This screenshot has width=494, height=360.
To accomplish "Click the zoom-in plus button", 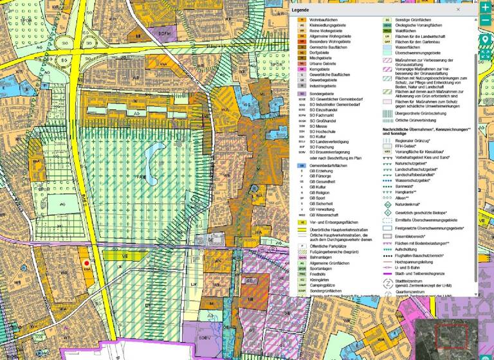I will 485,7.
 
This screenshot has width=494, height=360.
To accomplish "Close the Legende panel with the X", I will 459,10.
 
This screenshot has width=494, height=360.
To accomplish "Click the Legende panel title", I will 301,11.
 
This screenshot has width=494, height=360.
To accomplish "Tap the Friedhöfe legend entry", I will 319,273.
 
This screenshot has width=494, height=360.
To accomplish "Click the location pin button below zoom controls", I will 485,40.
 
